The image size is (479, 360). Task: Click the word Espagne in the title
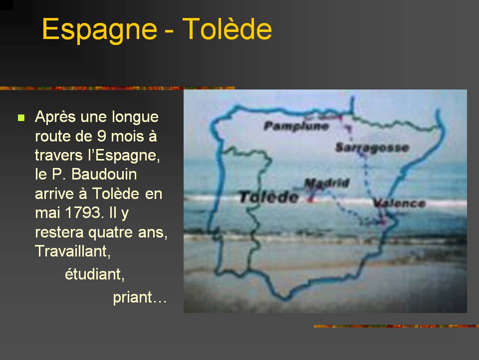(100, 29)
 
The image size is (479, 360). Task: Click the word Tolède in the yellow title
(227, 28)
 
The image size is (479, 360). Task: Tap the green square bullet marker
(21, 118)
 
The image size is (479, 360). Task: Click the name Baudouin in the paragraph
(104, 174)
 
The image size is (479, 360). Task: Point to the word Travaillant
(73, 251)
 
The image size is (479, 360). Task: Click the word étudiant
(94, 274)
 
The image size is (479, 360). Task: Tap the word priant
(133, 297)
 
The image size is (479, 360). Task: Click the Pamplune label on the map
(296, 126)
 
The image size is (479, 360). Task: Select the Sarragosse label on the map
(372, 147)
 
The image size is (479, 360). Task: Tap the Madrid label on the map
(327, 183)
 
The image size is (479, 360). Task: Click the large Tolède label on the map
(268, 197)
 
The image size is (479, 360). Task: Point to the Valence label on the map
(400, 203)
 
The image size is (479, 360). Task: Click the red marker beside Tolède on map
(310, 199)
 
